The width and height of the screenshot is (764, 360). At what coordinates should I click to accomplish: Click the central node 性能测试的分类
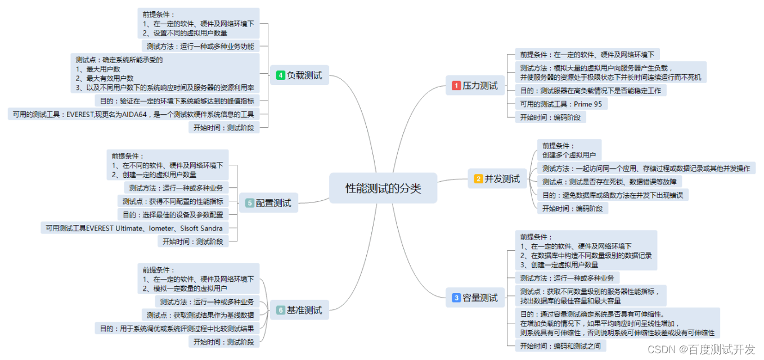[x=383, y=188]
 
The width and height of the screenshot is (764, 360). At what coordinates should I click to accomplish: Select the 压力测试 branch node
[x=475, y=85]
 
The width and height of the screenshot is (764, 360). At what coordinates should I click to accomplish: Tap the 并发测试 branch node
[x=497, y=179]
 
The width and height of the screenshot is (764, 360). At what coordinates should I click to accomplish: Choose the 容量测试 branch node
[x=475, y=298]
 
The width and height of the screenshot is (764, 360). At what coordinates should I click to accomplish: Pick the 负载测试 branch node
[x=299, y=75]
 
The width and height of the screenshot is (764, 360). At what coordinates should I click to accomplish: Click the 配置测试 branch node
[x=268, y=203]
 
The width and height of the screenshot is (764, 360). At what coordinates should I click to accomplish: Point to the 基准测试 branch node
[x=299, y=310]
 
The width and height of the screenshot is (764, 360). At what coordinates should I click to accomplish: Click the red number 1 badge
[x=456, y=85]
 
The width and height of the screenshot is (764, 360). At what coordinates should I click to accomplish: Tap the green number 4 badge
[x=280, y=75]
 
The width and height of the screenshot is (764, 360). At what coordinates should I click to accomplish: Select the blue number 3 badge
[x=456, y=298]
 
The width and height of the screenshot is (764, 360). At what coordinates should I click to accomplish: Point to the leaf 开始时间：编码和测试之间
[x=560, y=346]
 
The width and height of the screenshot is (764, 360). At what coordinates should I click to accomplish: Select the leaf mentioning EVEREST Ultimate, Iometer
[x=134, y=228]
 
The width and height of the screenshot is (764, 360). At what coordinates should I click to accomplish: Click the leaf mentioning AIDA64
[x=133, y=114]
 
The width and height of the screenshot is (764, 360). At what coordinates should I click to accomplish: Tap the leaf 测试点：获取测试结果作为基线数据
[x=200, y=315]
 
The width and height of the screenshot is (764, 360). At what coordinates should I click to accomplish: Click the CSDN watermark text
[x=701, y=349]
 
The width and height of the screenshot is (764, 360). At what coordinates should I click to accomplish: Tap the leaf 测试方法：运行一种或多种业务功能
[x=200, y=46]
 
